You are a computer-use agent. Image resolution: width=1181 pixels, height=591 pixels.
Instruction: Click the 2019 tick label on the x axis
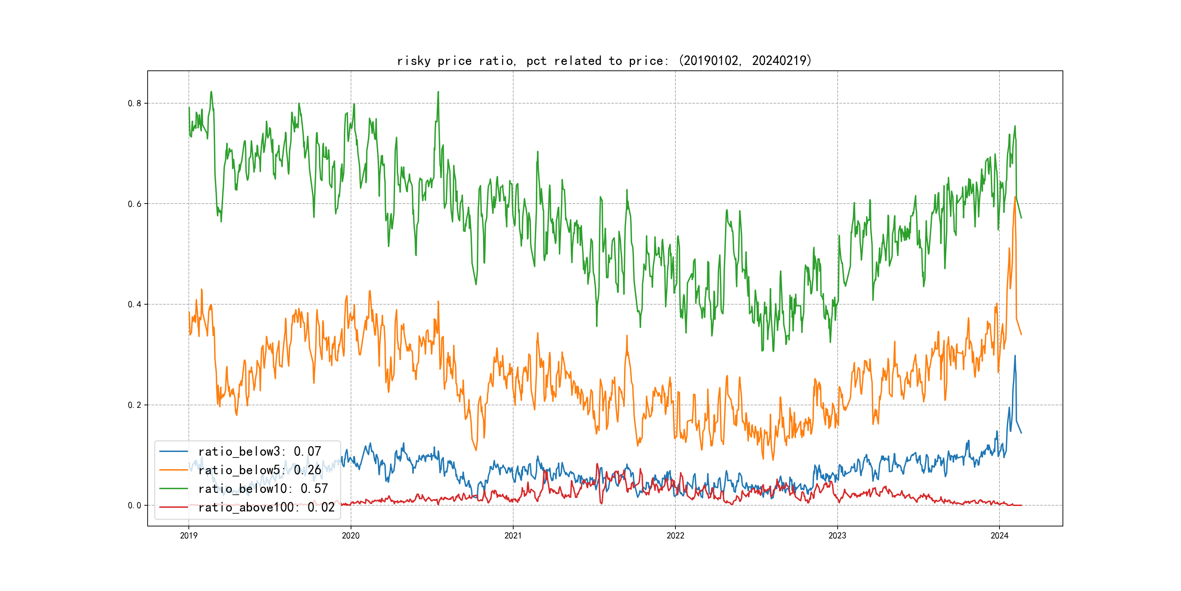click(188, 536)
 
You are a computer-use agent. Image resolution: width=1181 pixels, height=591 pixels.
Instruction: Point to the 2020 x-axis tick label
click(351, 536)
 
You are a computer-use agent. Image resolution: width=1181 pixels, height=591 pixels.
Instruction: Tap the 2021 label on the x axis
click(513, 536)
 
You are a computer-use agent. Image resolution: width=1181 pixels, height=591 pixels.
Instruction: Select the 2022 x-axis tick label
click(675, 536)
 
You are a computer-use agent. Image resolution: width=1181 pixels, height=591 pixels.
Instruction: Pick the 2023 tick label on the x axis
click(837, 536)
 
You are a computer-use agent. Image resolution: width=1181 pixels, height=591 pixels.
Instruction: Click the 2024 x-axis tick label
click(999, 536)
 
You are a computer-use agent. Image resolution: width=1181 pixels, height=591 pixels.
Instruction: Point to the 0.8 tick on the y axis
click(135, 103)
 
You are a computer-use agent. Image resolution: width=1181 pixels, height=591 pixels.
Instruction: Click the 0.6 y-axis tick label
click(135, 204)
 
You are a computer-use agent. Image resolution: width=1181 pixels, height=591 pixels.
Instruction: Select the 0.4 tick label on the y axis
click(135, 304)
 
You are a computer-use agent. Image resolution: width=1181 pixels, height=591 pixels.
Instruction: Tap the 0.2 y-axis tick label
click(135, 405)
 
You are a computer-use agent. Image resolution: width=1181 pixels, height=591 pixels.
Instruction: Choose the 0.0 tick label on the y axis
click(135, 505)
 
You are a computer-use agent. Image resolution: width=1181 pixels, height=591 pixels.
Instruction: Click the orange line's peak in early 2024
click(1015, 197)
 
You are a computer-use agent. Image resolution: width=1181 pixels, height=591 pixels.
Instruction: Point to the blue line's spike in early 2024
click(1014, 356)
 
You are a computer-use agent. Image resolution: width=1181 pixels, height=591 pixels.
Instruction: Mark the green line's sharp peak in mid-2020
click(438, 92)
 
